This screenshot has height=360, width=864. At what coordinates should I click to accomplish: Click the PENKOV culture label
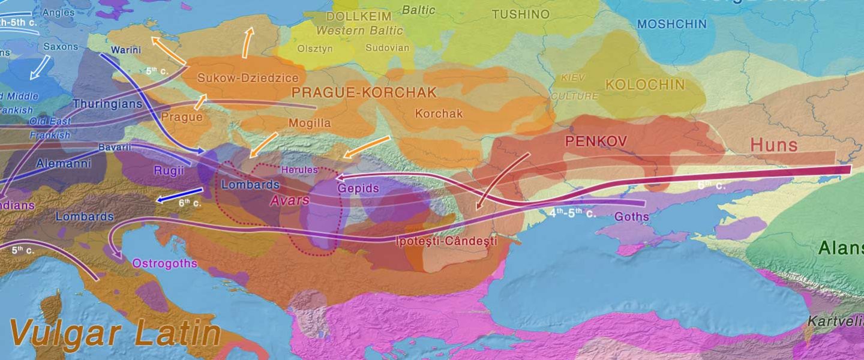596,142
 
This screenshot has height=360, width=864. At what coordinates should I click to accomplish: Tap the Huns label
774,145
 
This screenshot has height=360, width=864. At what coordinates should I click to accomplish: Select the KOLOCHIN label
645,85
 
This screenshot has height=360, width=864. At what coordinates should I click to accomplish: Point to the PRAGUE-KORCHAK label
364,92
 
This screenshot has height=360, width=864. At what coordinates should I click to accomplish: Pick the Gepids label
358,188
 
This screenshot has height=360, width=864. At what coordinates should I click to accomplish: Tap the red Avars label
289,200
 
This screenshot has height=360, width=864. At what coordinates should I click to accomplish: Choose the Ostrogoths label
164,263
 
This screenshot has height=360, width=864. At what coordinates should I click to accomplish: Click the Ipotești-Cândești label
447,242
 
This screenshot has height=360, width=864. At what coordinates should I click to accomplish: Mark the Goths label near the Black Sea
632,217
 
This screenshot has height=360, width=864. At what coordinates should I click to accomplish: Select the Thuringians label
107,104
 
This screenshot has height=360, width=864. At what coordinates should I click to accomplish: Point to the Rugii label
169,170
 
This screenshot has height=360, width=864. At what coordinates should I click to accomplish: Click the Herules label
299,170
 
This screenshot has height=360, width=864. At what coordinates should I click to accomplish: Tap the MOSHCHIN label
671,25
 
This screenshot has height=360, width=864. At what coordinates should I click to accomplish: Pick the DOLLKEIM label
359,17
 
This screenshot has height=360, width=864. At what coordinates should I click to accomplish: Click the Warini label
125,50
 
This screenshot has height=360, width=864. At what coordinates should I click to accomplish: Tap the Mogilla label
310,124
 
